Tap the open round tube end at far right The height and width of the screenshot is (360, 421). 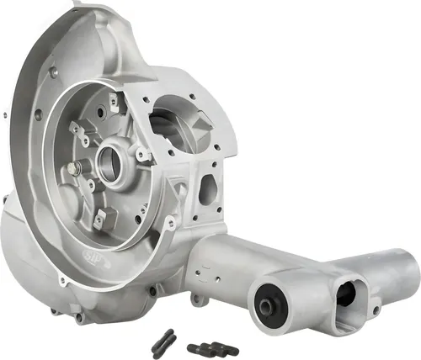pos(402,274)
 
